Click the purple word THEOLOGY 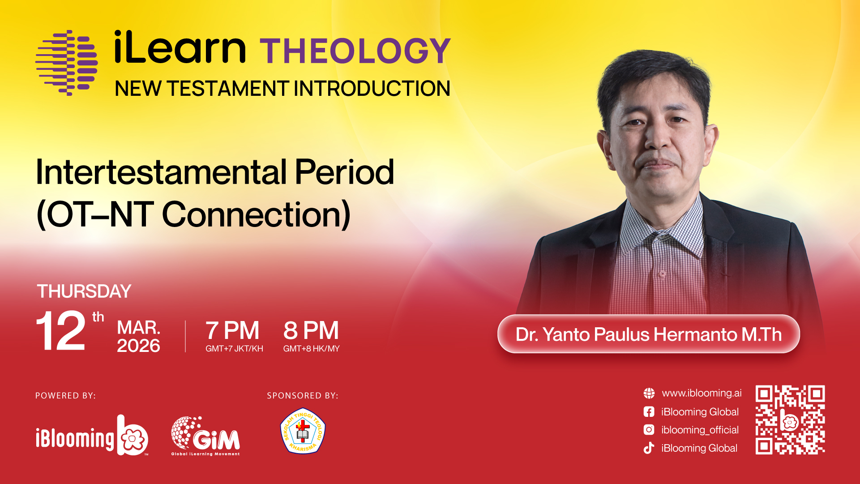(x=355, y=51)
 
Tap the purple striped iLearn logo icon (x=67, y=63)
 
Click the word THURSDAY (x=84, y=291)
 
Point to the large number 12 (x=61, y=331)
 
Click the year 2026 (x=138, y=346)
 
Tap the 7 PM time (x=232, y=331)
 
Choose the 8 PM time (x=311, y=331)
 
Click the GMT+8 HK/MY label (x=312, y=349)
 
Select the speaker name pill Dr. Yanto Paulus (x=649, y=334)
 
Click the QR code (x=790, y=420)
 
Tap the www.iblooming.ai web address (x=702, y=393)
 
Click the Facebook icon (x=649, y=412)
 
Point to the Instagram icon (x=649, y=430)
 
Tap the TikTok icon (x=649, y=448)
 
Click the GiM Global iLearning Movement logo (x=205, y=436)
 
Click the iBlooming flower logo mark (x=133, y=436)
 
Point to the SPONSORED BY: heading (x=303, y=396)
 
